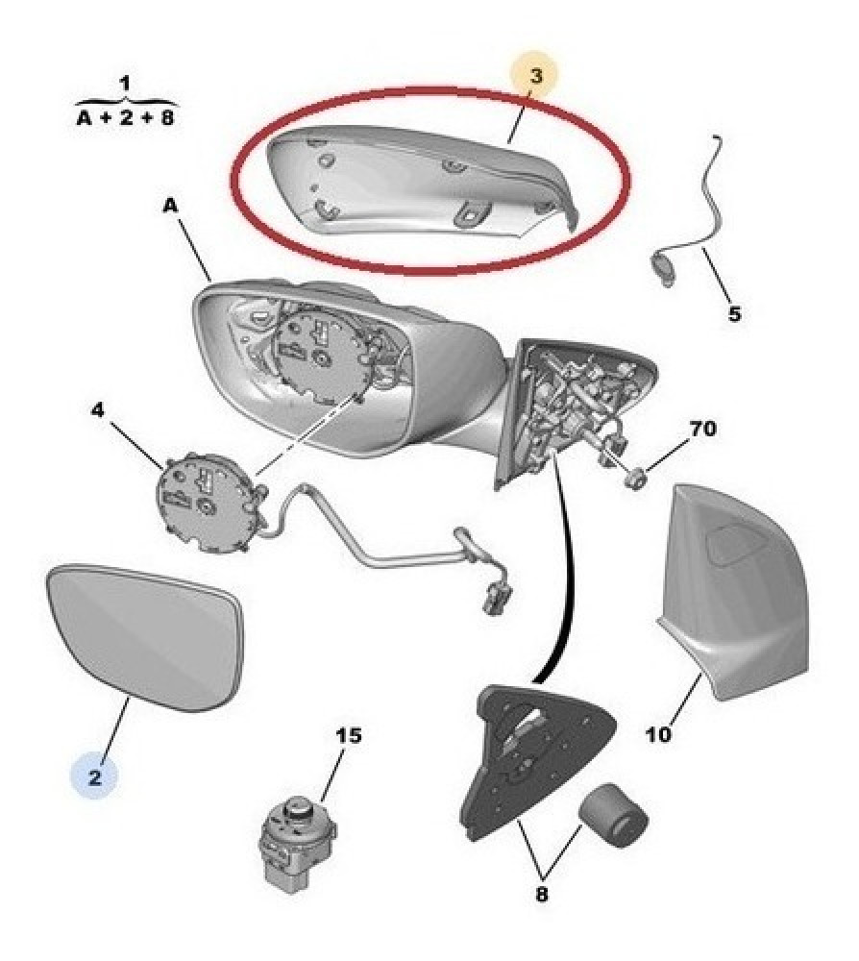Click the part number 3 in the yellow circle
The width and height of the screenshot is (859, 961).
point(536,76)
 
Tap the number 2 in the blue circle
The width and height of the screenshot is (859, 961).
point(94,777)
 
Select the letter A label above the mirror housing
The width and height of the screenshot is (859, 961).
point(170,206)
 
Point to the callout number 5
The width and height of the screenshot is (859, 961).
point(734,314)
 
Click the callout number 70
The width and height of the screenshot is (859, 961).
point(702,429)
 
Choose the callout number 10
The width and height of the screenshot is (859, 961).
point(658,733)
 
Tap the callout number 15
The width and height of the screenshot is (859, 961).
point(349,735)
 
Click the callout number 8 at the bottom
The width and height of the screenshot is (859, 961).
point(541,894)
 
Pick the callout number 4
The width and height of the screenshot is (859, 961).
point(98,410)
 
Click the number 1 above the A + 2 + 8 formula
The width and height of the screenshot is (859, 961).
point(125,83)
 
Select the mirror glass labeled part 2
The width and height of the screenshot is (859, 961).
point(145,637)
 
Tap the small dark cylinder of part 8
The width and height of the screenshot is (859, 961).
point(613,815)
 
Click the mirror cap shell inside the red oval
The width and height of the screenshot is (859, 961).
point(423,181)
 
